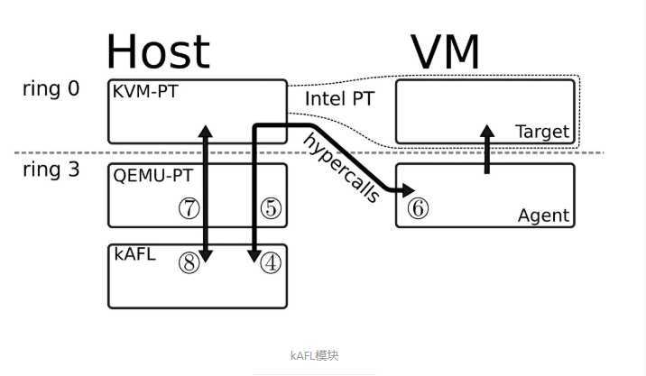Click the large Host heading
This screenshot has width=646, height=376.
pyautogui.click(x=158, y=51)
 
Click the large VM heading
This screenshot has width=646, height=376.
pyautogui.click(x=447, y=51)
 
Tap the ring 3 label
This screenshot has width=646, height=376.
pyautogui.click(x=51, y=170)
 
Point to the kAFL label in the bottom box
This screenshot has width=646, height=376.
pyautogui.click(x=134, y=254)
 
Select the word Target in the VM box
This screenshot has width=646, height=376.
pyautogui.click(x=542, y=132)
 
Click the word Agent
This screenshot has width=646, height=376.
pyautogui.click(x=543, y=216)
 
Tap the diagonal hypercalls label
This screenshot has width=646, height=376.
pyautogui.click(x=341, y=168)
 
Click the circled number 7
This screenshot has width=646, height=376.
pyautogui.click(x=188, y=208)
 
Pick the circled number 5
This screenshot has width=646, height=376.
pyautogui.click(x=271, y=208)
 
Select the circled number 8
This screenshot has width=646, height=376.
pyautogui.click(x=188, y=262)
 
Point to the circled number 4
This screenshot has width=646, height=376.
pyautogui.click(x=271, y=262)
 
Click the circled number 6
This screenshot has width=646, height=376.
pyautogui.click(x=418, y=207)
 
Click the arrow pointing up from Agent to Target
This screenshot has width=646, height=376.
pyautogui.click(x=488, y=149)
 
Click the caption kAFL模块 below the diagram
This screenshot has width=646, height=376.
pyautogui.click(x=314, y=355)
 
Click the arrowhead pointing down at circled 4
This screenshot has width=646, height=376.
pyautogui.click(x=254, y=258)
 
